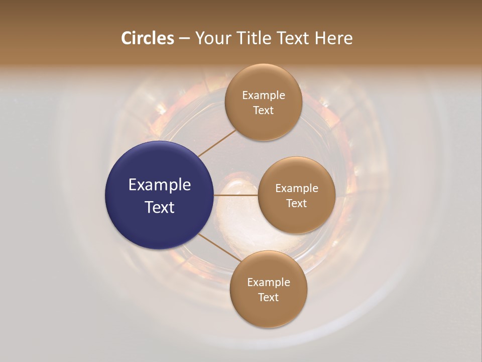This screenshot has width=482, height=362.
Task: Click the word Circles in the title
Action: (148, 38)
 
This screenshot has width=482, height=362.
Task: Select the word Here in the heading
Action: (333, 38)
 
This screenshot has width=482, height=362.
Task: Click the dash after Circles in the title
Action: (184, 39)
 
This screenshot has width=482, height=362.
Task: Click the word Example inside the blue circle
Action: (160, 185)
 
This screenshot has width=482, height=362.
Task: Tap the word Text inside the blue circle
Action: (160, 207)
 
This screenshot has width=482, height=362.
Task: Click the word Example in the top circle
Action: (264, 96)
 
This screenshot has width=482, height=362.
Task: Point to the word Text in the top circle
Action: (264, 110)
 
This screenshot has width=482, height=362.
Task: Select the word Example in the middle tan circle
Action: (297, 189)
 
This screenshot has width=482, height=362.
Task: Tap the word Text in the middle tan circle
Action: (297, 203)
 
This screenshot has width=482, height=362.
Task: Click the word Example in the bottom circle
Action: (269, 283)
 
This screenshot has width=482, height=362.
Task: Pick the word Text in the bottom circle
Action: (269, 297)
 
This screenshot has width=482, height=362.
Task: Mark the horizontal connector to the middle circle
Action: (236, 195)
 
